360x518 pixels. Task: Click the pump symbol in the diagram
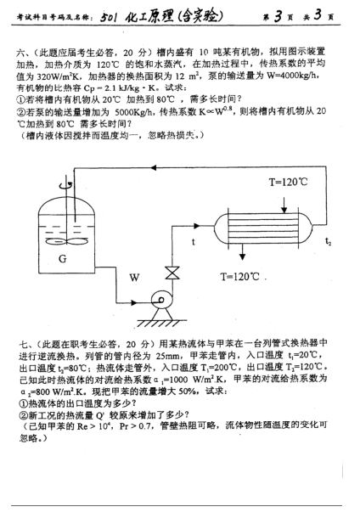click(159, 304)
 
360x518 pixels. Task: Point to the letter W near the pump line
click(133, 278)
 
